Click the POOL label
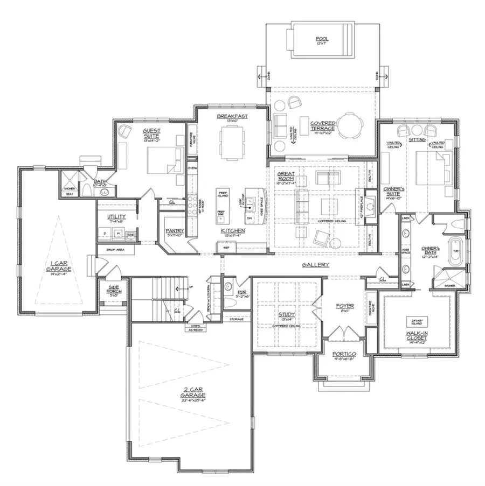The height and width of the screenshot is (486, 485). (x=323, y=39)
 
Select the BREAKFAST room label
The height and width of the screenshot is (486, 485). (x=232, y=116)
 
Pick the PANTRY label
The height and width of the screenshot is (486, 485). (x=175, y=231)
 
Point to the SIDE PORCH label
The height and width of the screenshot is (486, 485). (x=114, y=291)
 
